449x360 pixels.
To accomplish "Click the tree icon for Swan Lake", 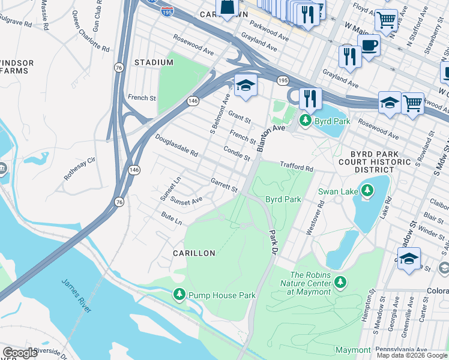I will click(367, 191).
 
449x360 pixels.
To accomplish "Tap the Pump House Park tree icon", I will click(179, 295).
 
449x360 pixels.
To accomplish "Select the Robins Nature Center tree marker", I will click(340, 281).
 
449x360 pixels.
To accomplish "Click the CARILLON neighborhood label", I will click(194, 254).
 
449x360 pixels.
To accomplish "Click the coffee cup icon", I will click(369, 46).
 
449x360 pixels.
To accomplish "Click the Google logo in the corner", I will click(20, 353).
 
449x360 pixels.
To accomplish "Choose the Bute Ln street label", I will click(171, 217).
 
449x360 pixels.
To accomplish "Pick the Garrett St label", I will click(224, 184).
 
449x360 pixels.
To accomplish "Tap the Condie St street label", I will click(237, 154).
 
